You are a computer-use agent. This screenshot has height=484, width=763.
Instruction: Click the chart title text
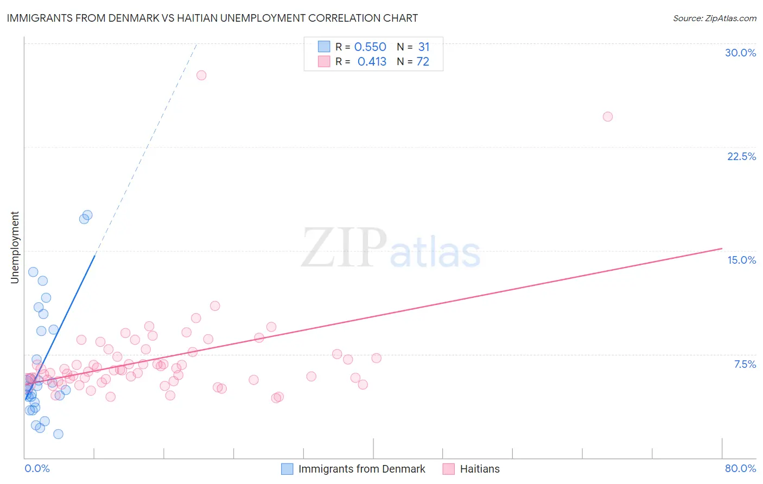click(x=212, y=18)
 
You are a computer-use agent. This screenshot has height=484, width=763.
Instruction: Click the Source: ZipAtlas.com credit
click(x=714, y=18)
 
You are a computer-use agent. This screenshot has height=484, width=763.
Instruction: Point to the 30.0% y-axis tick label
click(x=740, y=53)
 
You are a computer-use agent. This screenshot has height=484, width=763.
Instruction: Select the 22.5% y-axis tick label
click(x=741, y=156)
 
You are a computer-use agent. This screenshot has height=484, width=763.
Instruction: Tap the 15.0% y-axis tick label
click(x=741, y=260)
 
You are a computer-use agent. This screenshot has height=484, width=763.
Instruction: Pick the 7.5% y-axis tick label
click(x=745, y=364)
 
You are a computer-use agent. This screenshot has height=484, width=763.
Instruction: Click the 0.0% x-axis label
click(x=37, y=468)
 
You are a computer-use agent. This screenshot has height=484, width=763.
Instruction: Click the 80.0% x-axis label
click(x=740, y=468)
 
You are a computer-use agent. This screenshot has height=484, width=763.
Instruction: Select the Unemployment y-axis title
click(x=15, y=247)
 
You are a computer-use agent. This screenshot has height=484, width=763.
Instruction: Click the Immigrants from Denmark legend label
click(x=361, y=469)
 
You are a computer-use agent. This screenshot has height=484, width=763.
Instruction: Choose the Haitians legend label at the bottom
click(x=480, y=469)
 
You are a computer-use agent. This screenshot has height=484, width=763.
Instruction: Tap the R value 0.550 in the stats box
click(x=370, y=47)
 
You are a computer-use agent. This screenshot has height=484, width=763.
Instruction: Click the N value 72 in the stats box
click(x=423, y=62)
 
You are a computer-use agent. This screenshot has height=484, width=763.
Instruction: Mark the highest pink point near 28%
click(x=201, y=75)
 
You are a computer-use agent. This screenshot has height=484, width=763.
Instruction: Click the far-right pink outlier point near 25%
click(x=608, y=117)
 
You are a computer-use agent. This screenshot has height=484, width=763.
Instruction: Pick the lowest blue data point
click(x=58, y=434)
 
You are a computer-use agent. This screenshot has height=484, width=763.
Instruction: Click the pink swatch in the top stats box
click(x=324, y=61)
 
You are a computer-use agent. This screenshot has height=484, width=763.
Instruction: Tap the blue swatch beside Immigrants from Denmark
click(x=287, y=469)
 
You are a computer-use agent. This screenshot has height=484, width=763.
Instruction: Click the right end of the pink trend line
click(x=722, y=249)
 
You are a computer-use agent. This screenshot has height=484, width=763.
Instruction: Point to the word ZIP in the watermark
click(x=344, y=249)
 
